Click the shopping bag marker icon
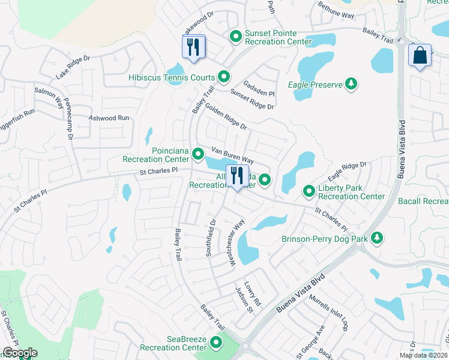[x=420, y=56]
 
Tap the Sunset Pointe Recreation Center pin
[x=236, y=37]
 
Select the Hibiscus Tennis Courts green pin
[x=224, y=77]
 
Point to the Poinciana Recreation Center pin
[x=197, y=155]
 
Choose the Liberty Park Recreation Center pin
[x=309, y=191]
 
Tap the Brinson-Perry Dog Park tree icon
[x=377, y=238]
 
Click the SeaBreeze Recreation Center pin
[x=215, y=343]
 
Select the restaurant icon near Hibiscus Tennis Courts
[x=193, y=47]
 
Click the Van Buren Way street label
[x=232, y=155]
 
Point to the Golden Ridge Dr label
[x=226, y=116]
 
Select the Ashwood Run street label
[x=109, y=119]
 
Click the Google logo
[x=20, y=353]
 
